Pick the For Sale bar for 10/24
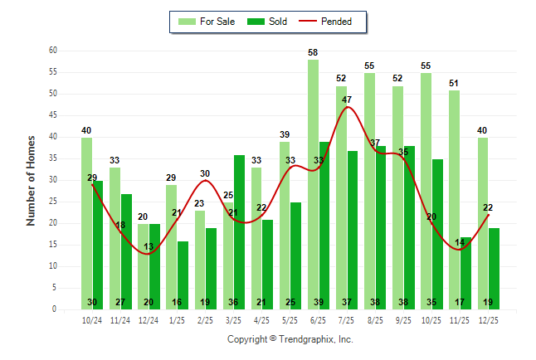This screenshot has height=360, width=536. pos(86,223)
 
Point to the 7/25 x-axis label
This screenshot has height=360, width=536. pos(347,319)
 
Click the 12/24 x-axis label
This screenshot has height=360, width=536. pos(149,319)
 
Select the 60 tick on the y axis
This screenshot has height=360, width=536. pos(53,51)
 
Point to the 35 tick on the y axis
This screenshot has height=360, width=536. pos(53,158)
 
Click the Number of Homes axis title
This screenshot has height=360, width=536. pos(31,180)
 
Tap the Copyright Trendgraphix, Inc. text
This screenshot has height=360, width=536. pos(290,339)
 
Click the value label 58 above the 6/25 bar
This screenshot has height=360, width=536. pos(313,52)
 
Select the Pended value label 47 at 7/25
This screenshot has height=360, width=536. pos(347,100)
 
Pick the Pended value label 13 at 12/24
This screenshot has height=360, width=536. pos(149,247)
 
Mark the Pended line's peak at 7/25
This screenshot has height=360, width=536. pos(347,107)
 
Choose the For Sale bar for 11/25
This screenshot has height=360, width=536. pos(454,199)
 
